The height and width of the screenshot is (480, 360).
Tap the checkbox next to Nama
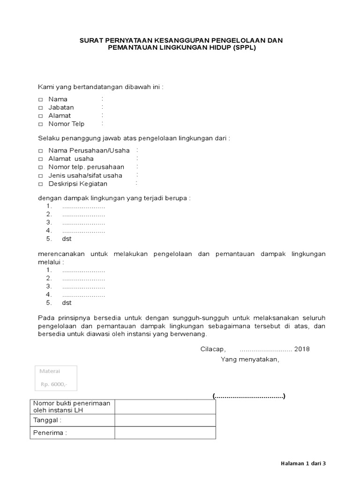[40, 99]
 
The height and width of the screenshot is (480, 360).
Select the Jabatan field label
[61, 107]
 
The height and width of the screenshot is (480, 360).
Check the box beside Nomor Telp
[40, 124]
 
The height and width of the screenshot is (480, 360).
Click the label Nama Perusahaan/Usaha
[89, 150]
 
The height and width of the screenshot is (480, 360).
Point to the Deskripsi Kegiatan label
[78, 184]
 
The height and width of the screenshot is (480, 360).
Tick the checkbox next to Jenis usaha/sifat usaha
[40, 176]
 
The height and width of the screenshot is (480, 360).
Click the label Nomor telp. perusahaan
[86, 167]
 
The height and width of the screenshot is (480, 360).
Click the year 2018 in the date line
[302, 349]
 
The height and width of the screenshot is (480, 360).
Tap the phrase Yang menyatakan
[250, 360]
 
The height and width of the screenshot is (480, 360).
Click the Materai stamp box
[56, 378]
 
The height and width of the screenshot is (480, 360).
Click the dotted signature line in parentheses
[248, 396]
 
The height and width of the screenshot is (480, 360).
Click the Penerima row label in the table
[50, 433]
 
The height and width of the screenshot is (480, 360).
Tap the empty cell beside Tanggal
[165, 420]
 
